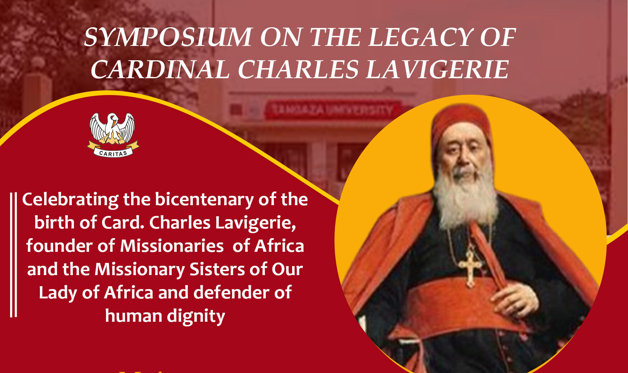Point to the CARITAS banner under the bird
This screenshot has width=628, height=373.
click(113, 152)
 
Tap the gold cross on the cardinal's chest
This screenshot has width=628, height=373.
click(470, 267)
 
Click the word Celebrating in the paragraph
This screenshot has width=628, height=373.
click(70, 200)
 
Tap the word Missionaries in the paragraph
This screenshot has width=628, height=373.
click(172, 246)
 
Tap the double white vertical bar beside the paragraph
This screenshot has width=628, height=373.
click(13, 255)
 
